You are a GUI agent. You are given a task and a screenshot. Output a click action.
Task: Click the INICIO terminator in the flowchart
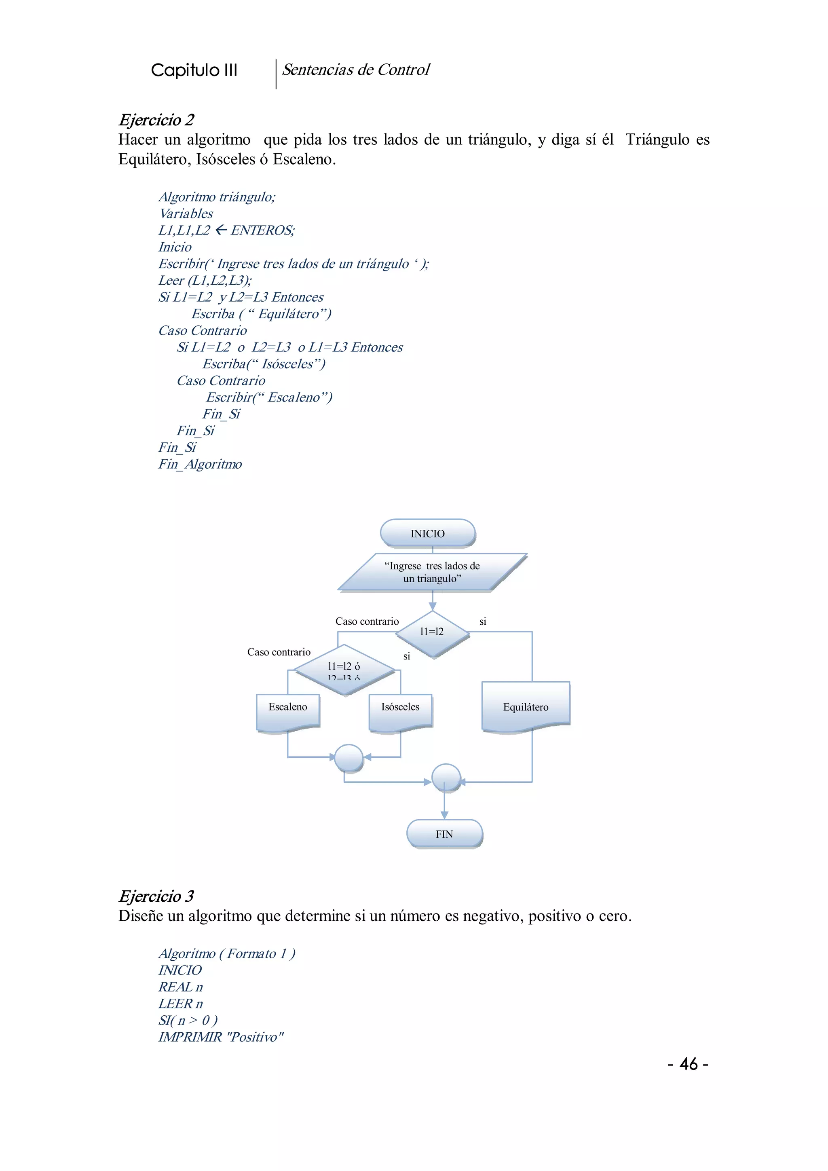pyautogui.click(x=428, y=533)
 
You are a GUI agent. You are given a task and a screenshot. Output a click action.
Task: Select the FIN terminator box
pyautogui.click(x=444, y=834)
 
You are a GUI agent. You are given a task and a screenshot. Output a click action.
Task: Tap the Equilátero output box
pyautogui.click(x=526, y=707)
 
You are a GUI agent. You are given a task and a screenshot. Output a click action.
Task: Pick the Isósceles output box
pyautogui.click(x=400, y=709)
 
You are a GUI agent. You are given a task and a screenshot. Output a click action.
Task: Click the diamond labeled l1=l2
pyautogui.click(x=432, y=632)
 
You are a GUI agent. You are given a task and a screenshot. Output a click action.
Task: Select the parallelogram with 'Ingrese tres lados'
pyautogui.click(x=432, y=572)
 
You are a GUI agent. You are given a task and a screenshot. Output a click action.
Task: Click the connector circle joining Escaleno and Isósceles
pyautogui.click(x=349, y=758)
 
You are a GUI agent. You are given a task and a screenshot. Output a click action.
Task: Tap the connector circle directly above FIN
pyautogui.click(x=446, y=778)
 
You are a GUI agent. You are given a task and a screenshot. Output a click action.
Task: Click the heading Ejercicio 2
pyautogui.click(x=156, y=120)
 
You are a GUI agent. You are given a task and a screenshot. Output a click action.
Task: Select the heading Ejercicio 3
pyautogui.click(x=156, y=896)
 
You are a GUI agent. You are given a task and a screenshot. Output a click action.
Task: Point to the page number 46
pyautogui.click(x=688, y=1064)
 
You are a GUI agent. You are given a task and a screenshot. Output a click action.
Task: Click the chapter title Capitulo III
pyautogui.click(x=194, y=70)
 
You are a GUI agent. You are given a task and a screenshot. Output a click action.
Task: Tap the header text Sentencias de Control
pyautogui.click(x=356, y=70)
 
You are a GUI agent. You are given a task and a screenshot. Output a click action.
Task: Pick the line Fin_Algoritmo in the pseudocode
pyautogui.click(x=200, y=464)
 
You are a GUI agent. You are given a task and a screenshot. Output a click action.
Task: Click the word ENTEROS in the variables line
pyautogui.click(x=262, y=230)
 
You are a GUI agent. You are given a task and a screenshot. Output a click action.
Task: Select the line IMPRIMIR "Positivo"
pyautogui.click(x=221, y=1037)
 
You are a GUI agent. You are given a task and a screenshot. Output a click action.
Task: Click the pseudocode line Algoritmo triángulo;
pyautogui.click(x=217, y=197)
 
